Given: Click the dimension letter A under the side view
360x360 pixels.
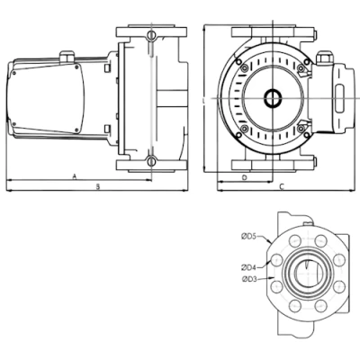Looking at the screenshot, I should pos(73,178).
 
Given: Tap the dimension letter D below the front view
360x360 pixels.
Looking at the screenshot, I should pos(245,178).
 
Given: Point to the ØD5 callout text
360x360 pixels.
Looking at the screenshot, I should pos(249,237).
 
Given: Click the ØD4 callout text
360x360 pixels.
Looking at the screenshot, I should pos(249,267).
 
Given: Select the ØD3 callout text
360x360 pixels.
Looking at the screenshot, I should pos(249,279).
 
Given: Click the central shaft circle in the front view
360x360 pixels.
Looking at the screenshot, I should pos(271,100).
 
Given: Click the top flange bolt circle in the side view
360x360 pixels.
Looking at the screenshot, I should pos(150,37).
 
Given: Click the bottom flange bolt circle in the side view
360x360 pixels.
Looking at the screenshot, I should pos(150,162).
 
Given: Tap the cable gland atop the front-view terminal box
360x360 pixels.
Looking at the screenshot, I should pos(325,57).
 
